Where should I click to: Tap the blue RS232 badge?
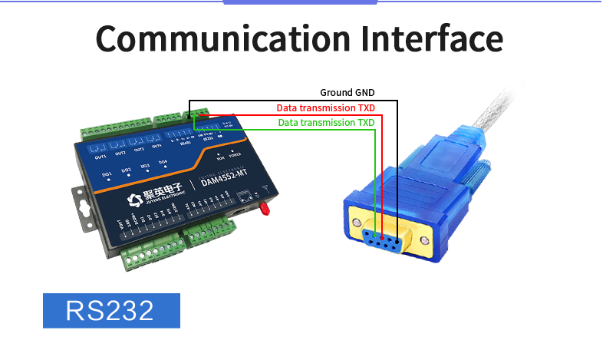(x=111, y=310)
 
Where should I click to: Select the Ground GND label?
(x=347, y=93)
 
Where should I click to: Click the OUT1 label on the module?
(x=100, y=157)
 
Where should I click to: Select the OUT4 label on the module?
(x=156, y=146)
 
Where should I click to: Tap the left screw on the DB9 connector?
(x=356, y=223)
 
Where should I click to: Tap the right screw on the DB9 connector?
(x=424, y=239)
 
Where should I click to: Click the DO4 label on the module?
(x=163, y=162)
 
